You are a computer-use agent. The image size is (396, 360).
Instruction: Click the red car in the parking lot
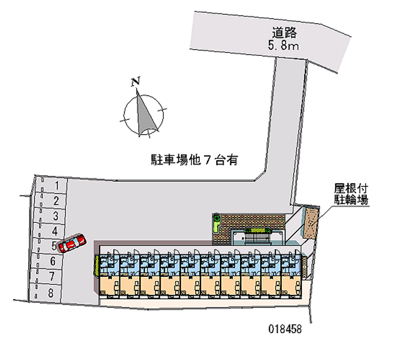point(71,244)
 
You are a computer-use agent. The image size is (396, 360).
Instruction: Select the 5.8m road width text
point(284,47)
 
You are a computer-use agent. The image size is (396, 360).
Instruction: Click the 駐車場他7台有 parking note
point(195,160)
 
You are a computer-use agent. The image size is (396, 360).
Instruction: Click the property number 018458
point(283,329)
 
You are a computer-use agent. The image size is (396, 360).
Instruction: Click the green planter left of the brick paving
point(217,222)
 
